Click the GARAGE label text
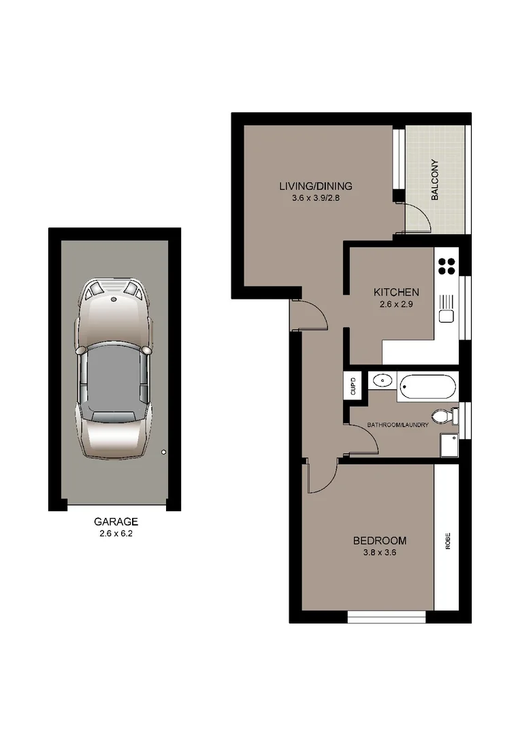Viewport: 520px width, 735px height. point(116,522)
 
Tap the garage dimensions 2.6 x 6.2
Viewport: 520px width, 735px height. point(116,534)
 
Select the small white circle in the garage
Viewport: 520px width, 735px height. point(163,451)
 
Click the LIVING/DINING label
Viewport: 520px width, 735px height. point(315,186)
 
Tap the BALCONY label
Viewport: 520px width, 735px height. point(434,180)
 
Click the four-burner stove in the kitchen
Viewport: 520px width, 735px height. point(447,265)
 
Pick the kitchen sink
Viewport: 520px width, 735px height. point(446,316)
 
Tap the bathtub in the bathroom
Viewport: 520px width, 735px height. point(427,387)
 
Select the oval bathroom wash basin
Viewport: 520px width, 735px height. point(383,382)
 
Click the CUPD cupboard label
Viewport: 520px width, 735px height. point(353,387)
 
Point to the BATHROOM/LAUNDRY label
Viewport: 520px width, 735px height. point(398,425)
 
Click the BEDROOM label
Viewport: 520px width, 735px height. point(379,541)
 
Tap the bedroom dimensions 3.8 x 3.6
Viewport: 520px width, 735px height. point(379,553)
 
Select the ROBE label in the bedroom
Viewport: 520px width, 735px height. point(448,540)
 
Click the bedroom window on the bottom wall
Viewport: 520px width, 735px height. point(387,617)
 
